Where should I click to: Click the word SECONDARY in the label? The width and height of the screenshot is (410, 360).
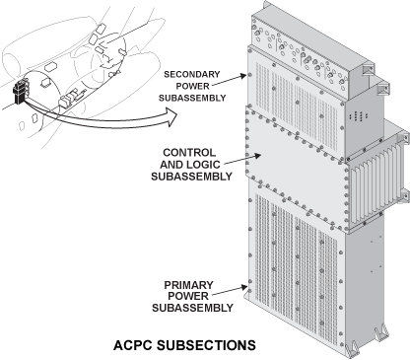pos(192,74)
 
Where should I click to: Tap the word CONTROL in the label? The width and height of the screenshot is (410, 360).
pos(189,153)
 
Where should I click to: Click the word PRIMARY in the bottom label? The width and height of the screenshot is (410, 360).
pos(189,285)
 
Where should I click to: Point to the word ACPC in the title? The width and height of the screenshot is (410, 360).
pos(133,345)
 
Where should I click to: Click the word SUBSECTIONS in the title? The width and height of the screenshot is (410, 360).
pos(206,345)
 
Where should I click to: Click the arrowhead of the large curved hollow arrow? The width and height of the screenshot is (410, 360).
pos(171,117)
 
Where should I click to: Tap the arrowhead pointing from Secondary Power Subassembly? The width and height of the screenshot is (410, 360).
pos(243,76)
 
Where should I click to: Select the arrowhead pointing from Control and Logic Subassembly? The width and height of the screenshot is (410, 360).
pos(257,155)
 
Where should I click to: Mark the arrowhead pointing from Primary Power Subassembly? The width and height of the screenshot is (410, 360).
pos(243,287)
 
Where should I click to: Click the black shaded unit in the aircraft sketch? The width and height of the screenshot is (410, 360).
pos(21,92)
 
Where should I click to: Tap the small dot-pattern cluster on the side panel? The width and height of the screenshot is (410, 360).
pos(359,116)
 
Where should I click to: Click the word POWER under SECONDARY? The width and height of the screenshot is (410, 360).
pos(192,86)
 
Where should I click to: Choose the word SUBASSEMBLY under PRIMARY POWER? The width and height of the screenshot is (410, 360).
pos(192,308)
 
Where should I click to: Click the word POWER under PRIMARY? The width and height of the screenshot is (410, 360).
pos(188,296)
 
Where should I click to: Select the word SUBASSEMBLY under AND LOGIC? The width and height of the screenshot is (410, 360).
pos(192,177)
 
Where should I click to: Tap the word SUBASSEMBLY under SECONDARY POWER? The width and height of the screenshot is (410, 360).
pos(192,98)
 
